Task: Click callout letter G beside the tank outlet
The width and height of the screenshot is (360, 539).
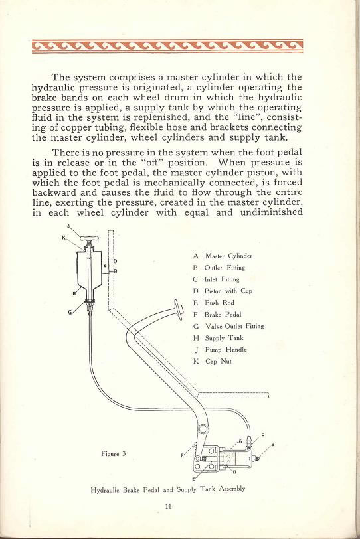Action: (70, 311)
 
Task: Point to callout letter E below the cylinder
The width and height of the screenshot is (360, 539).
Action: (194, 479)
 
